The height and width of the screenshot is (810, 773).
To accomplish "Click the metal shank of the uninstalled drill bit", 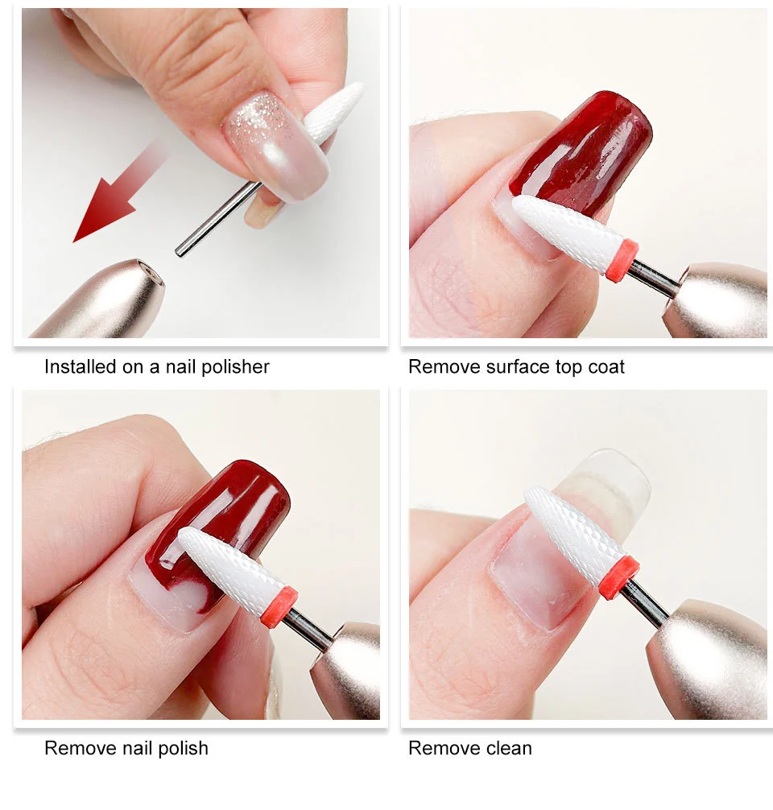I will tap(213, 217).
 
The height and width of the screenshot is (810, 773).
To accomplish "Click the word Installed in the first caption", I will tap(81, 367).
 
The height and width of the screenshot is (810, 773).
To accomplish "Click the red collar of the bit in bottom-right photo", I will tap(618, 578).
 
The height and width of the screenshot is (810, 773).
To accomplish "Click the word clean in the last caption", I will tap(506, 748).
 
